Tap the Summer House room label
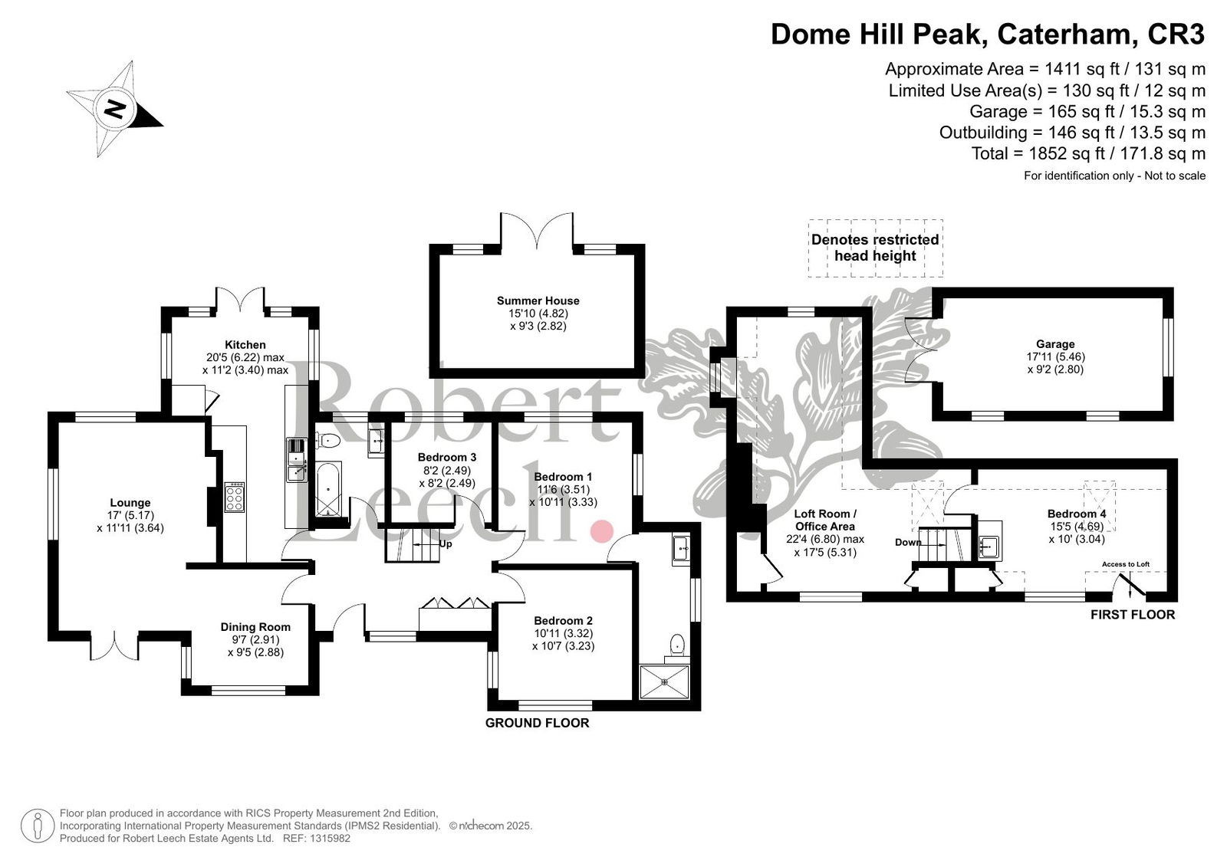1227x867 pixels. tap(538, 300)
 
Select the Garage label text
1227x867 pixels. tap(1055, 344)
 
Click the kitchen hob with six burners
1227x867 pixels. tap(235, 498)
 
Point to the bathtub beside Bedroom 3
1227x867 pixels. tap(328, 488)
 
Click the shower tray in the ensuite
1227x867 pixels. tap(664, 682)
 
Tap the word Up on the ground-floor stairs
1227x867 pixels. tap(446, 544)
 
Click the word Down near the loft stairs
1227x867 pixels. tap(908, 542)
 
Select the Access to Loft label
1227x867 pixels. tap(1126, 564)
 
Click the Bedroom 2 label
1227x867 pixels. tap(563, 620)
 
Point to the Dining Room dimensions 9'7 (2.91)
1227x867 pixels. tap(255, 639)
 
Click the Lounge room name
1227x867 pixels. tap(130, 503)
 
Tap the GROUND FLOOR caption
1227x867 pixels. tap(537, 723)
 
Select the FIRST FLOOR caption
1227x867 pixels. tap(1133, 615)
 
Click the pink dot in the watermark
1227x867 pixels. tap(602, 531)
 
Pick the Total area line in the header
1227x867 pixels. tap(1088, 154)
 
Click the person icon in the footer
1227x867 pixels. tap(38, 826)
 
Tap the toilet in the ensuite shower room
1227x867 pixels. tap(677, 645)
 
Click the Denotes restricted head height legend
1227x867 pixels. tap(875, 248)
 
